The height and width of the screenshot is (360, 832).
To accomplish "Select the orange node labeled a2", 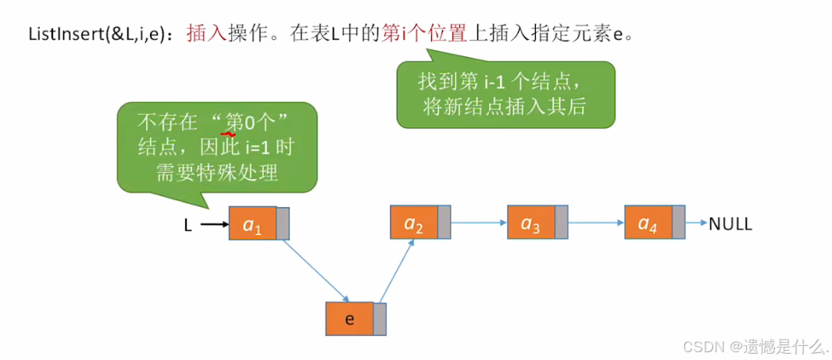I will [414, 223].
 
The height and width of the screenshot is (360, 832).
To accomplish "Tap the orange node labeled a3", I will [531, 223].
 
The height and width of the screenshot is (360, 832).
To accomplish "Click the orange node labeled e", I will [349, 319].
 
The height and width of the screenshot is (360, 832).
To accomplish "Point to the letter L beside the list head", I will [187, 225].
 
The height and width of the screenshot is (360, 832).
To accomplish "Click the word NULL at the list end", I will [730, 224].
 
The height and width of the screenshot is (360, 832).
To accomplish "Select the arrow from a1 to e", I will [315, 269].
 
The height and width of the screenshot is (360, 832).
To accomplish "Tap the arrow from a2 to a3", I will [479, 223].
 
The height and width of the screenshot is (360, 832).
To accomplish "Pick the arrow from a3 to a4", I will [596, 223].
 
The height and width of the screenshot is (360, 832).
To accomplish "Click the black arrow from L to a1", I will [213, 225].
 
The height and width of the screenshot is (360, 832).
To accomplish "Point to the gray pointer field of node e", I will [380, 319].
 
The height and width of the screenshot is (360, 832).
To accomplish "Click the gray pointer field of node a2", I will [444, 223].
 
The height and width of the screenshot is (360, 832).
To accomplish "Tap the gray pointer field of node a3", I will [561, 223].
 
